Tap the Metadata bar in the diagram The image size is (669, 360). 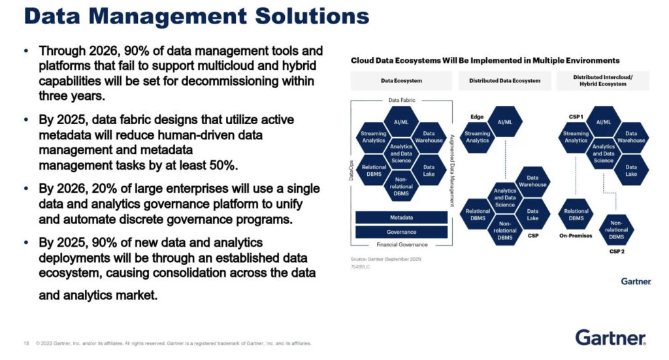401,217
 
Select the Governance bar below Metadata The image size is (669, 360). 401,232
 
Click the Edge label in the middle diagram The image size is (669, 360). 476,117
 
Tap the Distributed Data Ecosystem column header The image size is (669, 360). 504,80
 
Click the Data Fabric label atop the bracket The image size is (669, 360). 401,100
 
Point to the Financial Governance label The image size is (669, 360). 401,244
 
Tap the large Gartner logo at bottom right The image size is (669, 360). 610,338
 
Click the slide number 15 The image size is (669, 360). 26,343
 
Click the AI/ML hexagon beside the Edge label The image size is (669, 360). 505,122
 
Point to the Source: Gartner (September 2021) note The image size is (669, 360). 387,259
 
